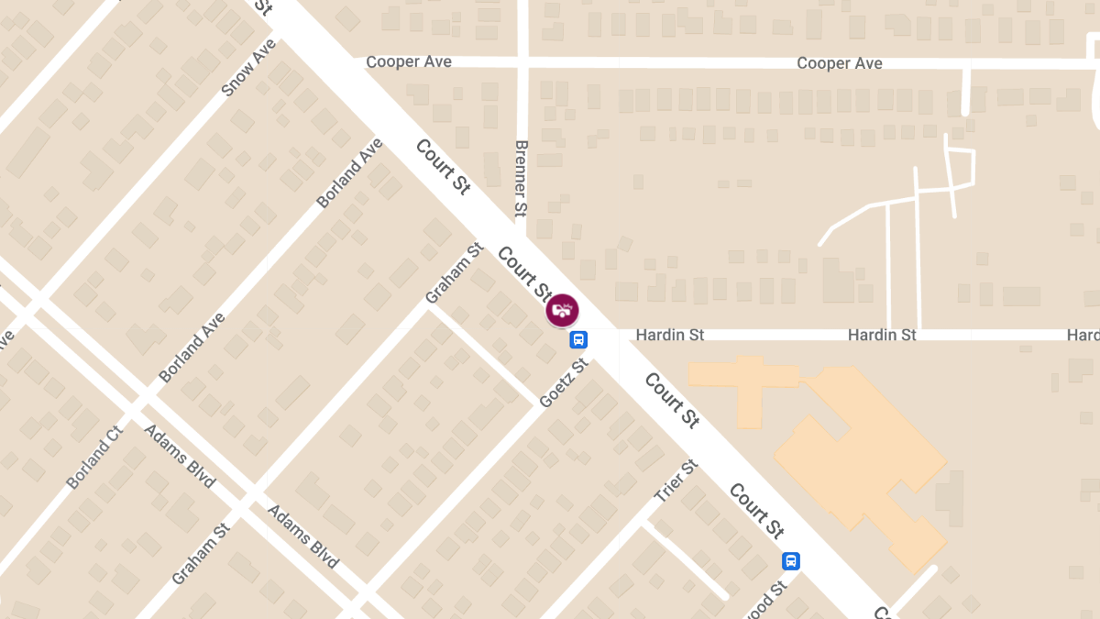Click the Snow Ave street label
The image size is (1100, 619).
click(x=248, y=68)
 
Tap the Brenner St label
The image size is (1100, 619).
click(x=521, y=178)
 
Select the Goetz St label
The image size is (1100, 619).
click(x=564, y=383)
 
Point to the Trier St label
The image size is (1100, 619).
click(x=676, y=481)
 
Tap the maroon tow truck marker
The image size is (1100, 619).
click(x=562, y=310)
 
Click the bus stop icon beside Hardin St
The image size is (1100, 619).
click(x=578, y=339)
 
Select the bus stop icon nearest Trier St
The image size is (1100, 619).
click(x=790, y=560)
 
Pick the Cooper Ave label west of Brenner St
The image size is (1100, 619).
click(x=409, y=61)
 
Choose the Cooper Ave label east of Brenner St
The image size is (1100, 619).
click(x=839, y=63)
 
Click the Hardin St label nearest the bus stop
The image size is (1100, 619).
click(x=670, y=335)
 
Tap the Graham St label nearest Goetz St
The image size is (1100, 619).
click(x=454, y=273)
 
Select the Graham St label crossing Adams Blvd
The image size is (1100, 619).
click(x=200, y=555)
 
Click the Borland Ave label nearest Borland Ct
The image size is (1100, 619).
click(x=192, y=348)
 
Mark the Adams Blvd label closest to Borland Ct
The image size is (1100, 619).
click(x=179, y=456)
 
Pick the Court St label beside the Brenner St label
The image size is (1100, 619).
click(x=443, y=166)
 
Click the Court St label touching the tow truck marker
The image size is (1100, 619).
click(x=523, y=272)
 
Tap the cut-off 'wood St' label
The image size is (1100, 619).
click(x=767, y=601)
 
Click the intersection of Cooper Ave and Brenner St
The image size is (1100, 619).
click(x=522, y=62)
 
